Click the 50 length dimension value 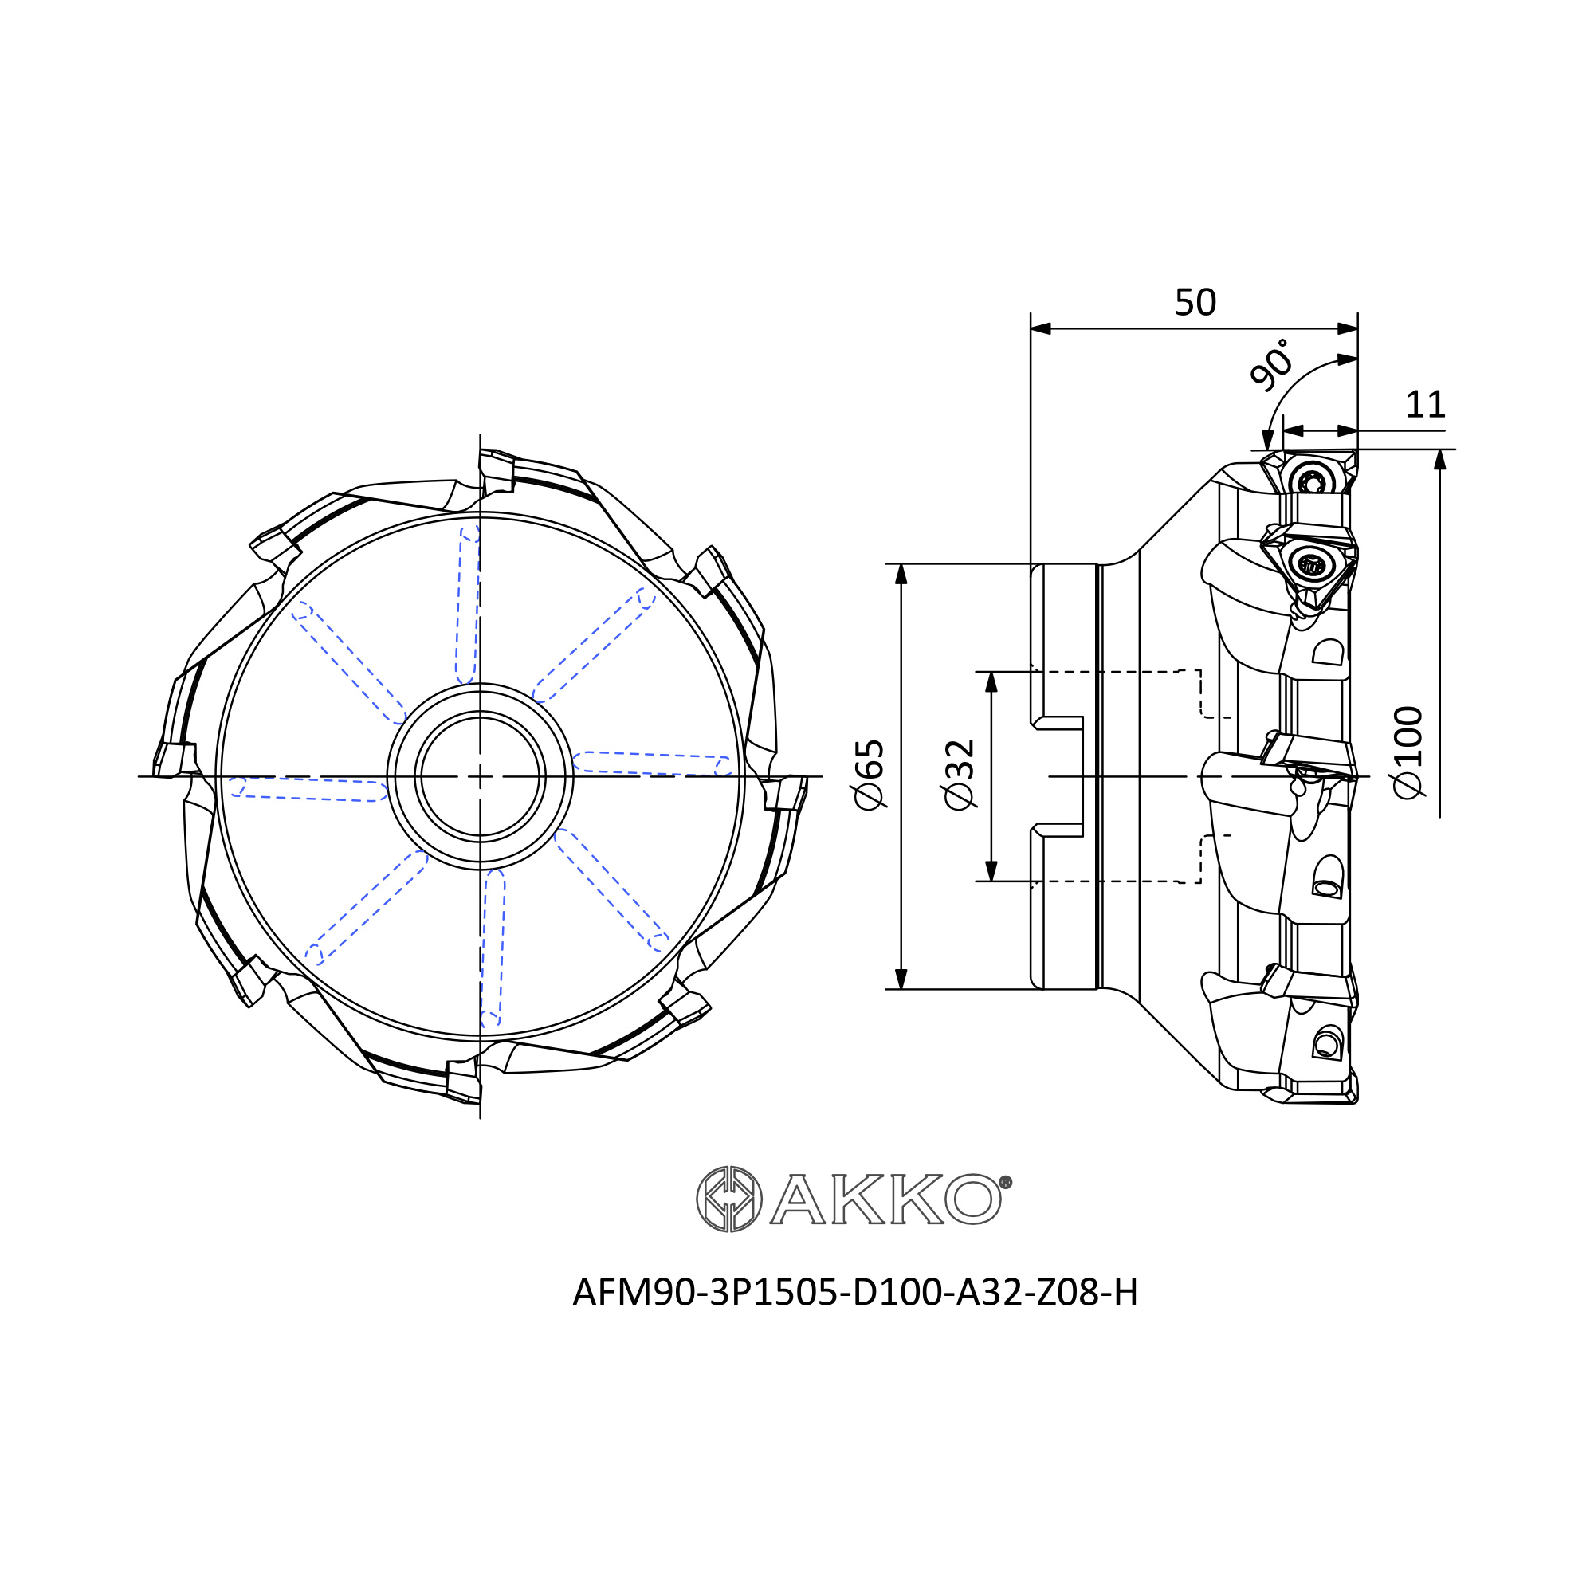(1195, 303)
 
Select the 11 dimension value (1426, 405)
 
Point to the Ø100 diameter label (1408, 752)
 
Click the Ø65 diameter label (870, 775)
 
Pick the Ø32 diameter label (960, 775)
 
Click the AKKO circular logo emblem (729, 1199)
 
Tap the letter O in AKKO (974, 1199)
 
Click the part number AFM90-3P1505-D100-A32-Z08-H (854, 1293)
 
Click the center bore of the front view (480, 776)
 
